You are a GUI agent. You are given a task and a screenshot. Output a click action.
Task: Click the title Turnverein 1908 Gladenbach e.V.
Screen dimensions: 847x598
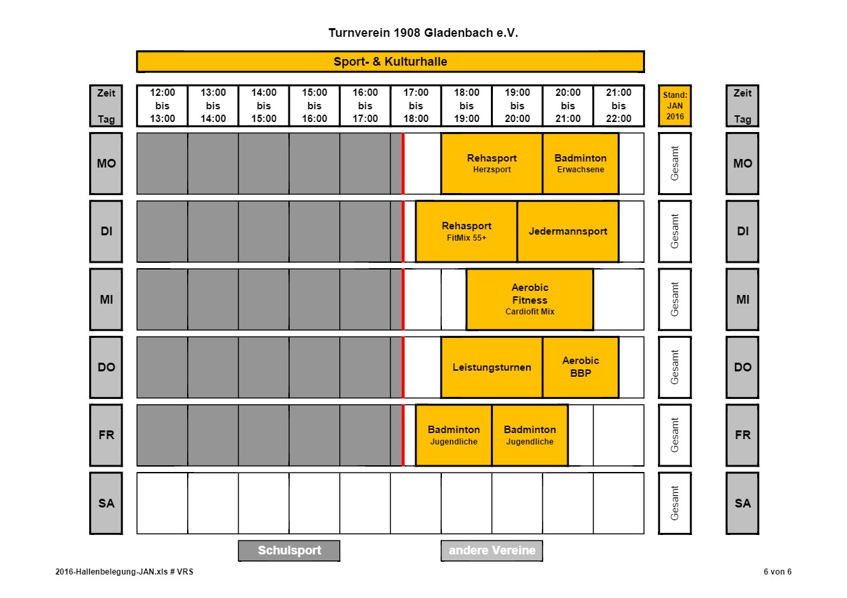click(422, 33)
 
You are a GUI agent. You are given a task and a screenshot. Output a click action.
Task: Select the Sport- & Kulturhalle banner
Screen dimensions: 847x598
click(390, 61)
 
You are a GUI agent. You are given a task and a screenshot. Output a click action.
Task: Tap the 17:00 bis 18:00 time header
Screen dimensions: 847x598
click(416, 105)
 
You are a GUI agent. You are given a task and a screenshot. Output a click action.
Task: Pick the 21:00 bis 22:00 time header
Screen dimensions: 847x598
click(618, 105)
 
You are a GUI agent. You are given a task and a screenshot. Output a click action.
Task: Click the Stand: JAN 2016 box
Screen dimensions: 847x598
click(675, 105)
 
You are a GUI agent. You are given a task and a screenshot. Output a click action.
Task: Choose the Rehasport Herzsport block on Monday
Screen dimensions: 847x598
click(492, 164)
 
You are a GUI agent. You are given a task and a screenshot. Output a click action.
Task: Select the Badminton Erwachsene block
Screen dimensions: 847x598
click(580, 164)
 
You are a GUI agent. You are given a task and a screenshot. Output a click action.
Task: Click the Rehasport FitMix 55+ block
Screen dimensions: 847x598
click(466, 231)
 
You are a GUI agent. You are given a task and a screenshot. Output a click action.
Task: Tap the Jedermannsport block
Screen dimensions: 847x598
click(568, 231)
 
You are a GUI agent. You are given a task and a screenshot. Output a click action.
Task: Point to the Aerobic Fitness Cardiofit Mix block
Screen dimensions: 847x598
click(530, 300)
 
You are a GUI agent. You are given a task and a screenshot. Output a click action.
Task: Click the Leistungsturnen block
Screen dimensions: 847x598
click(492, 367)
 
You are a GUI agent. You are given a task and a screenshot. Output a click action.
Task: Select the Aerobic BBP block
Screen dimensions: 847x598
click(580, 367)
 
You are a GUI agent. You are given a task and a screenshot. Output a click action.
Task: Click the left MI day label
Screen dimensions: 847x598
click(106, 300)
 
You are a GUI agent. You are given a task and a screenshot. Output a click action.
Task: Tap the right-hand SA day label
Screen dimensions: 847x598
click(742, 503)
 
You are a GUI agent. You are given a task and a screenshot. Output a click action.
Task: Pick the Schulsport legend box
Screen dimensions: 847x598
click(289, 550)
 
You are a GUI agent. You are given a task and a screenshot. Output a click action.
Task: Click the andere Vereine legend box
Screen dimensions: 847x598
click(492, 550)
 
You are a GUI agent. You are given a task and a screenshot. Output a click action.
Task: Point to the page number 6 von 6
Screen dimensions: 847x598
click(777, 572)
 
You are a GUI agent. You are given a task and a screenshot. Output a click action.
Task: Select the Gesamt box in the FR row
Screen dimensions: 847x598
click(675, 435)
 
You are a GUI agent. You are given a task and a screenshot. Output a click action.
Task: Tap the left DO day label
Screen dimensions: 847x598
click(106, 367)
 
